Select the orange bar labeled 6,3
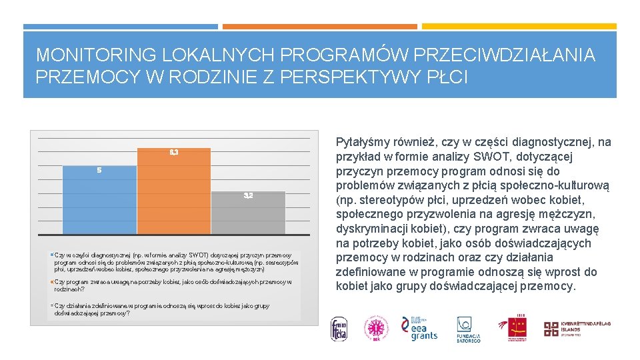pos(173,193)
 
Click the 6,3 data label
pos(173,153)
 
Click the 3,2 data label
pos(248,195)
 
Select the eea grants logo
pos(419,328)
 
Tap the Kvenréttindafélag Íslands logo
pos(576,328)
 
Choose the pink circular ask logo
pos(375,329)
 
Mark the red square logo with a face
pos(517,328)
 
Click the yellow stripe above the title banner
pos(519,27)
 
